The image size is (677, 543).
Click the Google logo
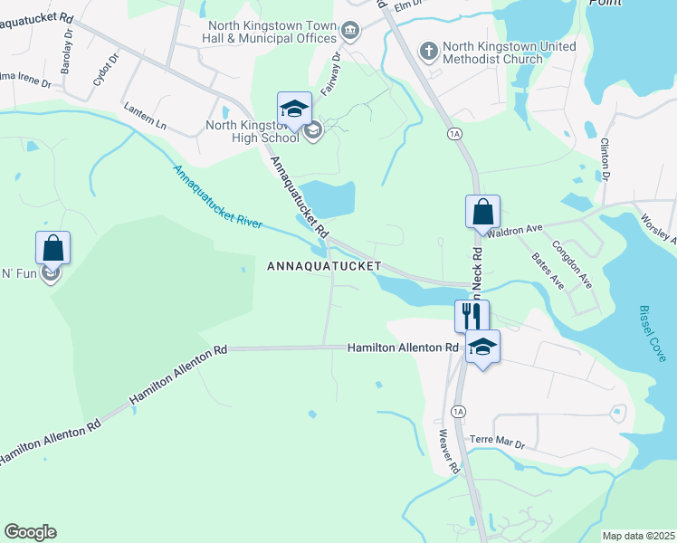click(30, 532)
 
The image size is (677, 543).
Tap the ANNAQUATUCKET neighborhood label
click(324, 266)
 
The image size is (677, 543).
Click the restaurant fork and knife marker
click(472, 316)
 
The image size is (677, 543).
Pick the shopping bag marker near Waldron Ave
click(482, 213)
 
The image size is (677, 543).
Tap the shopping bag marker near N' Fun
click(52, 248)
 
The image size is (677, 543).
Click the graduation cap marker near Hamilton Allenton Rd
click(482, 347)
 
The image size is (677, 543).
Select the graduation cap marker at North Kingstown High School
click(294, 110)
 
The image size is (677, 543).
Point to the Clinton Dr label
click(606, 158)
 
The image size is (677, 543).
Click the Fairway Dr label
click(336, 69)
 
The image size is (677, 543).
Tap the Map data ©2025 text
click(638, 536)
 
